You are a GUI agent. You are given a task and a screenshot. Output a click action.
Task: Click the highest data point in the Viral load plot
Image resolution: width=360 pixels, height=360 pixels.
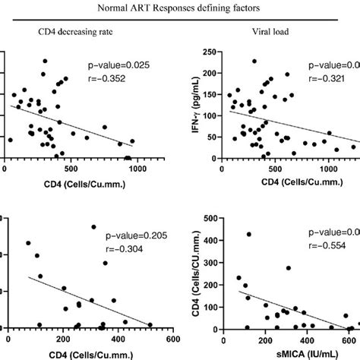pyautogui.click(x=254, y=62)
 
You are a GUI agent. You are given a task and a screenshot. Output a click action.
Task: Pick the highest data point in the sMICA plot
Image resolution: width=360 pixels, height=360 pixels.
pyautogui.click(x=248, y=234)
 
